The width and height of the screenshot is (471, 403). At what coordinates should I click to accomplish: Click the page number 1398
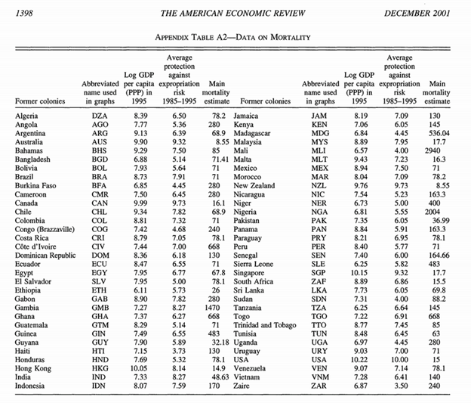tap(15, 7)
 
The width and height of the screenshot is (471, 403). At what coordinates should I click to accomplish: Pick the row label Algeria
tap(28, 115)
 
